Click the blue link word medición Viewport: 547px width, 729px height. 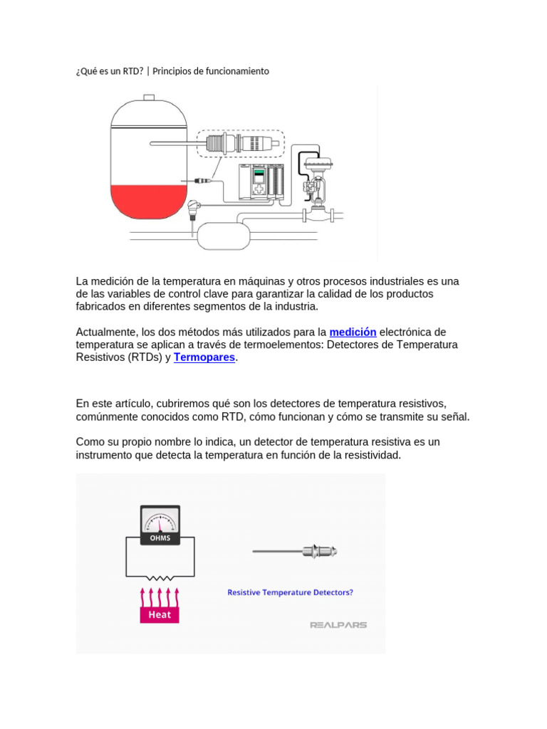point(353,332)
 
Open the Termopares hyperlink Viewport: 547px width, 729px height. point(204,357)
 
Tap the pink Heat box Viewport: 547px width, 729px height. point(160,614)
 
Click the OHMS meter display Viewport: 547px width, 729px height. point(160,525)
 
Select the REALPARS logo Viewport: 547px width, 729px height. point(338,625)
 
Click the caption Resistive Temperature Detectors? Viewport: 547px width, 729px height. point(291,592)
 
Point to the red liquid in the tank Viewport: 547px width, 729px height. point(148,201)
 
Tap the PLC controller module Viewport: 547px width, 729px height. point(261,182)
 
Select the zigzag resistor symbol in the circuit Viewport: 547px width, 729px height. point(160,578)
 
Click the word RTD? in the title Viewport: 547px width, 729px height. point(133,71)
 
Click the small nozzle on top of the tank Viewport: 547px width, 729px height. point(149,97)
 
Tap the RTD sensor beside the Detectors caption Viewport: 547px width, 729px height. point(295,552)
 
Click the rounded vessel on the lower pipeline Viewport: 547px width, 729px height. point(224,236)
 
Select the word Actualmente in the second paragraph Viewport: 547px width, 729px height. point(106,332)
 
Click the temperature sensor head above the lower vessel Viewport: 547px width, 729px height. point(193,206)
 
